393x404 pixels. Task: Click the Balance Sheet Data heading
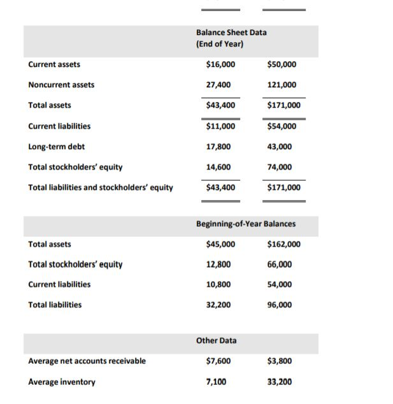pos(231,32)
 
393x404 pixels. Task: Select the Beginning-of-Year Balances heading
pos(245,224)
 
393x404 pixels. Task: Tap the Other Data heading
pos(216,340)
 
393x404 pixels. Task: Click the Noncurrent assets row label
pos(61,85)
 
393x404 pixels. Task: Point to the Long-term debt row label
pos(56,147)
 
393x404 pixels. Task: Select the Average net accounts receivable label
pos(87,361)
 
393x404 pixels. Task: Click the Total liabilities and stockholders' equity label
pos(101,187)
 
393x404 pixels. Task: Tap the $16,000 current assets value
pos(220,64)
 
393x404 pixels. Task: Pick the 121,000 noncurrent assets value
pos(282,85)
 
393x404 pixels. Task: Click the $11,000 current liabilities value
pos(220,126)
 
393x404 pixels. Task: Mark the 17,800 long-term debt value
pos(219,147)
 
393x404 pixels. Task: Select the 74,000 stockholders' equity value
pos(280,167)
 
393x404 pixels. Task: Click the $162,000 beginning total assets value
pos(283,244)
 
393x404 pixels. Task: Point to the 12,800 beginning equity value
pos(219,264)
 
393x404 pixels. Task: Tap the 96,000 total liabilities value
pos(280,305)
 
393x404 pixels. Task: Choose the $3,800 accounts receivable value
pos(280,361)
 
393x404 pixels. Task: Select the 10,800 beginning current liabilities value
pos(219,284)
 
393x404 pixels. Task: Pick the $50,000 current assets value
pos(282,64)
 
